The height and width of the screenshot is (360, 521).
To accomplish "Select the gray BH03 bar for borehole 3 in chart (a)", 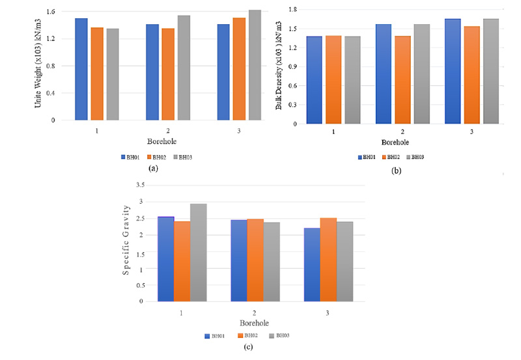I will coord(255,65).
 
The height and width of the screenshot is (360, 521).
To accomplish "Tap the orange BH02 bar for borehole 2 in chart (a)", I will coord(168,74).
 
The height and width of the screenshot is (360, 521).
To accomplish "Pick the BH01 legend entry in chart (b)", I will coord(366,157).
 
